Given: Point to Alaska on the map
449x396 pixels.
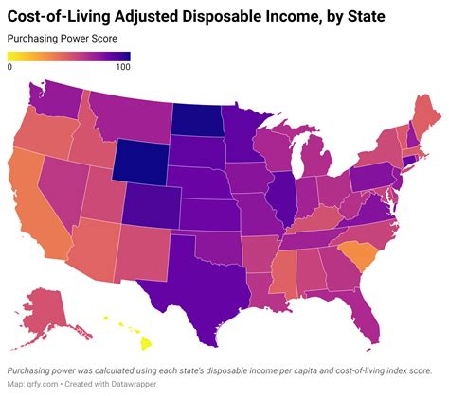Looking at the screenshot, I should (47, 307).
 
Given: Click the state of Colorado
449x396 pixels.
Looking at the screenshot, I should (152, 205).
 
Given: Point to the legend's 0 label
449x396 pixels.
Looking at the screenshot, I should (9, 66).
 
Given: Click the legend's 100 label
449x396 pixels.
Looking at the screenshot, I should (121, 66).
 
